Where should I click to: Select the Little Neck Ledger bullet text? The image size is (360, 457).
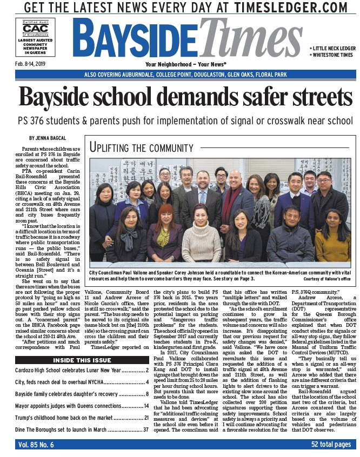pos(332,48)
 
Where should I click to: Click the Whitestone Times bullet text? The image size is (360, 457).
pos(331,55)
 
